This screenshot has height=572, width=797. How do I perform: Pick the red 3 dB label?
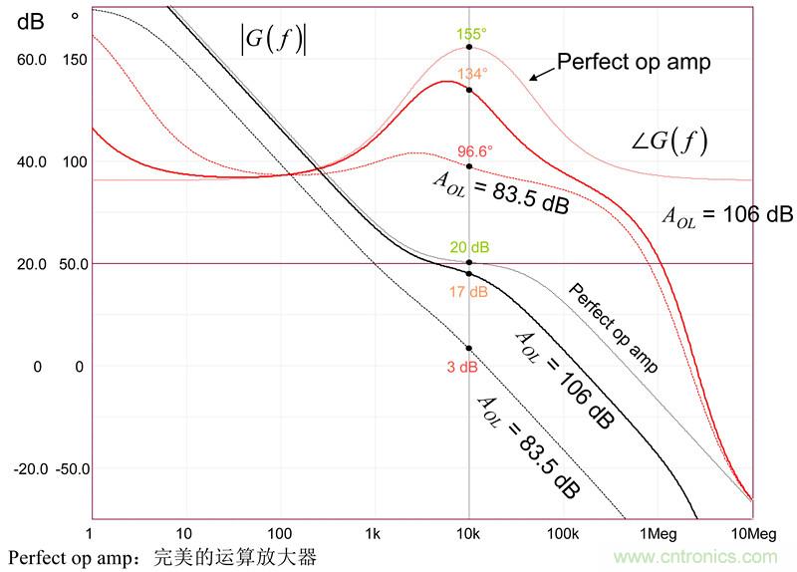[x=462, y=367]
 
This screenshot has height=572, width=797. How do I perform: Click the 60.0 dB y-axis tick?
[x=32, y=60]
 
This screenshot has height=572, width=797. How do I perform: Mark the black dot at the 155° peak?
[x=469, y=47]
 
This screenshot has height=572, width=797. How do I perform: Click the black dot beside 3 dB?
[x=469, y=348]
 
